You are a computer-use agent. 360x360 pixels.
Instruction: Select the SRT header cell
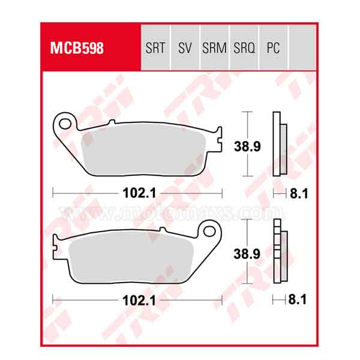coord(155,49)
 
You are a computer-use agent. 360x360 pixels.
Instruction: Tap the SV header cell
coord(184,49)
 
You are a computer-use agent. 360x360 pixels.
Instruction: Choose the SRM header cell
coord(214,49)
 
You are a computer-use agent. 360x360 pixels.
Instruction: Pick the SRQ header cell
coord(244,49)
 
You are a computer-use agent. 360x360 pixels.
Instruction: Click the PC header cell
coord(273,49)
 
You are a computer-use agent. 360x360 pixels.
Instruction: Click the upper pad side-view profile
coord(278,145)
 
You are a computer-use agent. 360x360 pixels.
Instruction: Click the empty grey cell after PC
coord(301,49)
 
